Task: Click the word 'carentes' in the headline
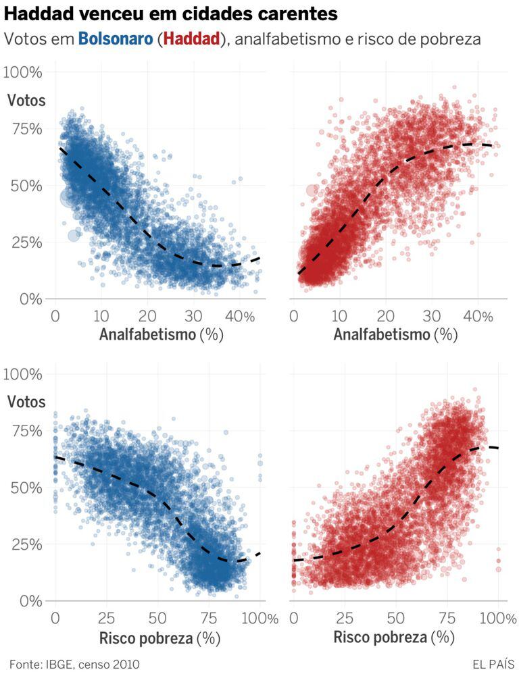click(x=300, y=14)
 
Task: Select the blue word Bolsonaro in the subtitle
click(x=115, y=39)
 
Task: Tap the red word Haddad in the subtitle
click(x=192, y=39)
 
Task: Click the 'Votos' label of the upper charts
click(x=26, y=101)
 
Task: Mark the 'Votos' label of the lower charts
click(x=26, y=402)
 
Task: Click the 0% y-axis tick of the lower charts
click(x=30, y=600)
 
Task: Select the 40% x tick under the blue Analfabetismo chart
click(x=240, y=316)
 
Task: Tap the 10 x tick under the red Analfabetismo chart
click(x=340, y=316)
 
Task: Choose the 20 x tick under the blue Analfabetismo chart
click(x=147, y=316)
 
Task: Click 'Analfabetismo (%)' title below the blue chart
click(x=161, y=335)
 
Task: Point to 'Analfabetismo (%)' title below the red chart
click(x=395, y=335)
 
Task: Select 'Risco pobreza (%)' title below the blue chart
click(x=159, y=638)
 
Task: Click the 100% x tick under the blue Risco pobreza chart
click(x=259, y=618)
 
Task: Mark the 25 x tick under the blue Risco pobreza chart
click(x=106, y=618)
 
